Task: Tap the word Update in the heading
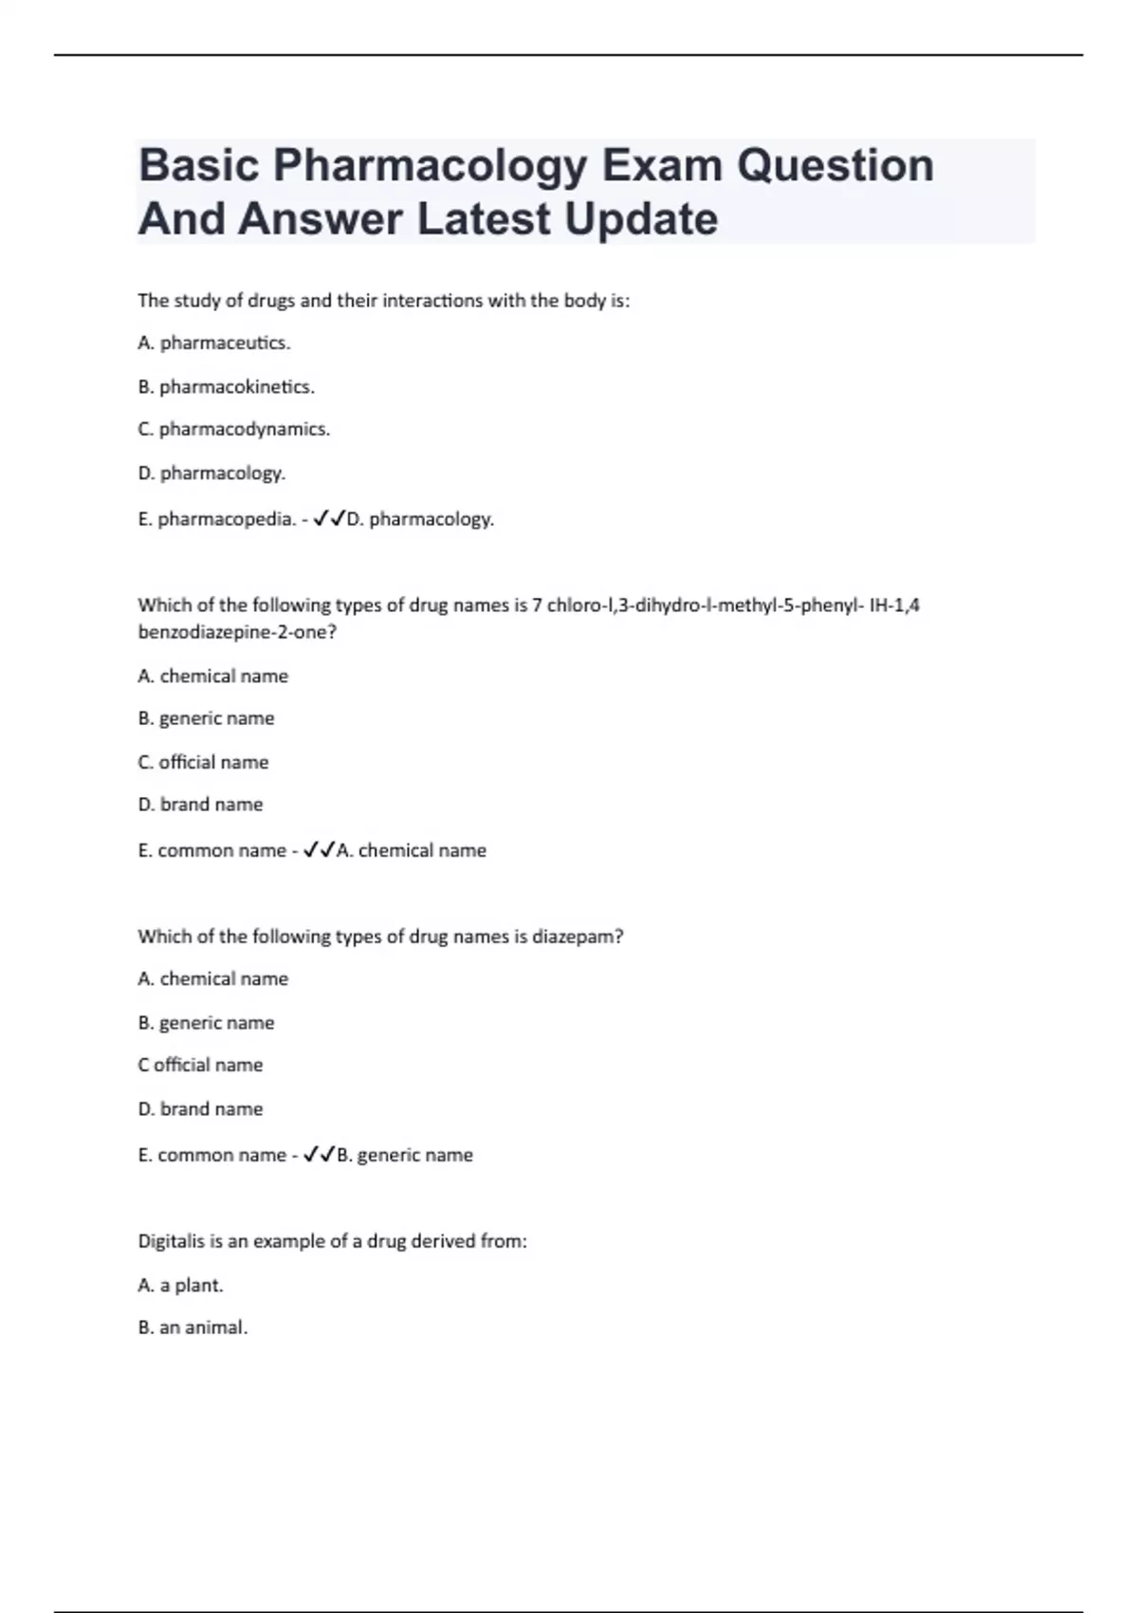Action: (x=641, y=219)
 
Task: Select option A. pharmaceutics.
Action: (x=214, y=343)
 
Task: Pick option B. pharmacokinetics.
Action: (x=226, y=387)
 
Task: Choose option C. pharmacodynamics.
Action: (x=233, y=429)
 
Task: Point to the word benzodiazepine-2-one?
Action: (x=237, y=632)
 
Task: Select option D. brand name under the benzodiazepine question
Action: (x=200, y=805)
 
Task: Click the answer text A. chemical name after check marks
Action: (x=412, y=851)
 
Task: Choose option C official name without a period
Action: (x=200, y=1066)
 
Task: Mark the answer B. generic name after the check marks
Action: (x=405, y=1156)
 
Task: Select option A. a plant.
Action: (x=180, y=1286)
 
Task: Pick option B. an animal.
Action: (x=193, y=1328)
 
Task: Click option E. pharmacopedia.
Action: (x=216, y=520)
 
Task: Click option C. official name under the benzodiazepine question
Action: (x=203, y=763)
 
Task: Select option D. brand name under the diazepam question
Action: (x=200, y=1109)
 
